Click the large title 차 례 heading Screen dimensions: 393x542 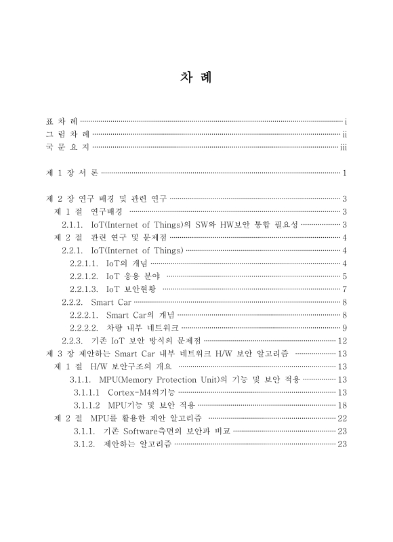196,77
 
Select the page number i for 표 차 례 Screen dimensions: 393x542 346,121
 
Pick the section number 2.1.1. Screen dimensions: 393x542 73,224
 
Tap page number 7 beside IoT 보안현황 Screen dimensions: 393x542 345,289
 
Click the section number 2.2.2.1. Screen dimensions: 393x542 85,314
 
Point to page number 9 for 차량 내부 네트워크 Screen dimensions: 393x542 345,327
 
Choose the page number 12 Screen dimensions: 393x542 342,340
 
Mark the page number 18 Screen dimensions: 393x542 342,405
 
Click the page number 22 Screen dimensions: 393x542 342,418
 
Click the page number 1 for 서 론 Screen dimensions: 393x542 345,173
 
